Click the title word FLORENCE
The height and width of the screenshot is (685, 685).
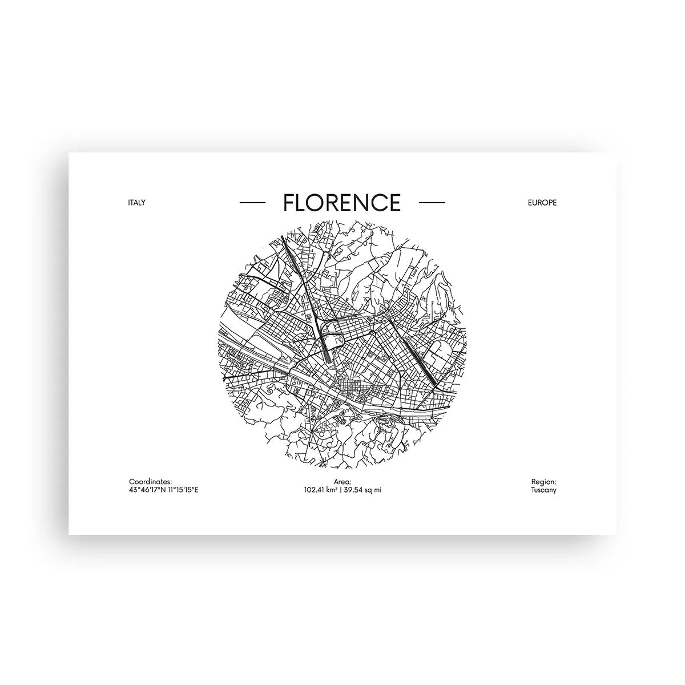pyautogui.click(x=342, y=202)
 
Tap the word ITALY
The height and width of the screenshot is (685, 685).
pyautogui.click(x=138, y=203)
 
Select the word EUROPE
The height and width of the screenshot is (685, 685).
pyautogui.click(x=542, y=203)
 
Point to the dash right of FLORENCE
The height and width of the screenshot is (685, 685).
pyautogui.click(x=432, y=203)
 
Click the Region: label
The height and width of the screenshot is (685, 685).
pyautogui.click(x=543, y=482)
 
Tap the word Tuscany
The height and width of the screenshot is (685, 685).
pyautogui.click(x=543, y=490)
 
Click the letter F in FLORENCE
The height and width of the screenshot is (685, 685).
pyautogui.click(x=289, y=203)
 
